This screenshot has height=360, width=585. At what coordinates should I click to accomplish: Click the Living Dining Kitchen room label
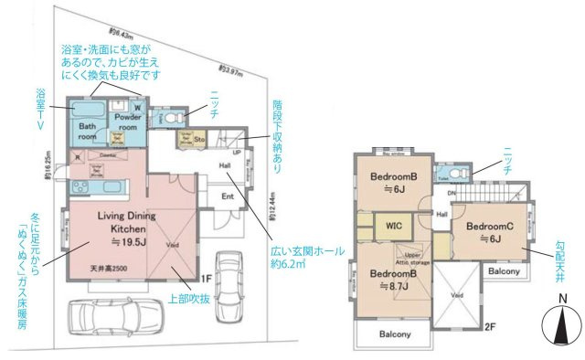coord(104,221)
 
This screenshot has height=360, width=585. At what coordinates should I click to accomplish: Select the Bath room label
coord(88,132)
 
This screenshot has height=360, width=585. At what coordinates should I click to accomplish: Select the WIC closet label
coord(394,223)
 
